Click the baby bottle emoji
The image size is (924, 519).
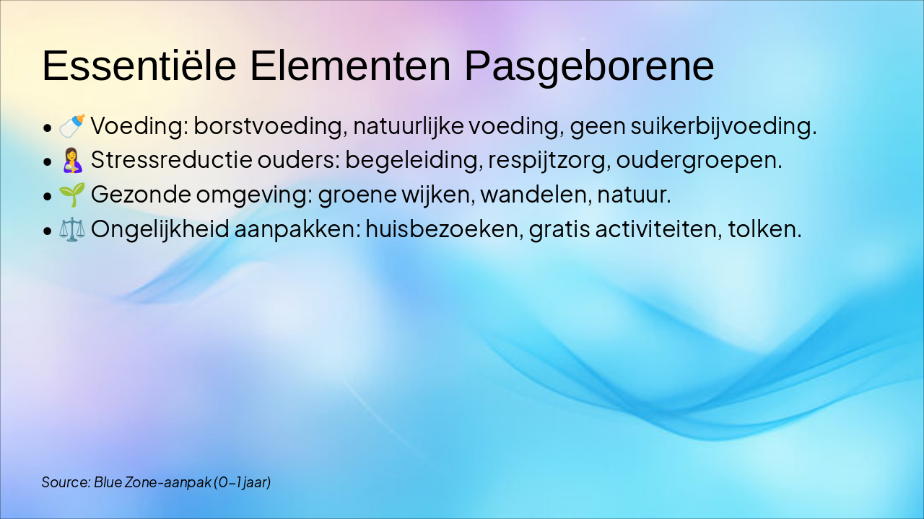[x=72, y=126]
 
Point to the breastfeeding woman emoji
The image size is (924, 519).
[x=72, y=160]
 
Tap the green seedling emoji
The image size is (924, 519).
[x=72, y=195]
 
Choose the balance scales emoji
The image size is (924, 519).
[x=72, y=229]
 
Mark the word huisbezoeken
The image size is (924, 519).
[x=443, y=229]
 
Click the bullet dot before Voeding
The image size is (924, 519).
[x=47, y=128]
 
